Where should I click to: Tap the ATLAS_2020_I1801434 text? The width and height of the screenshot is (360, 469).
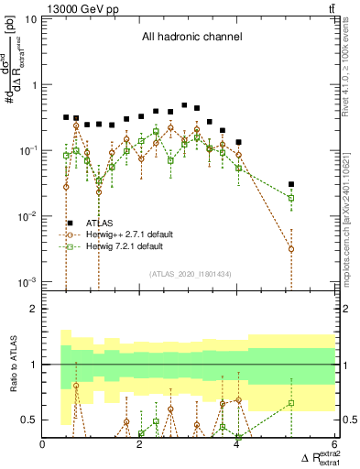[189, 274]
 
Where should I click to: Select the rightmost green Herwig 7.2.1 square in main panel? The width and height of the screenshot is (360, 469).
[291, 198]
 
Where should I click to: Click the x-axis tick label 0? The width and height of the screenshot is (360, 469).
[43, 446]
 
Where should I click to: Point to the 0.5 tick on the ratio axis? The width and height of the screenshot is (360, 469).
[29, 420]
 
